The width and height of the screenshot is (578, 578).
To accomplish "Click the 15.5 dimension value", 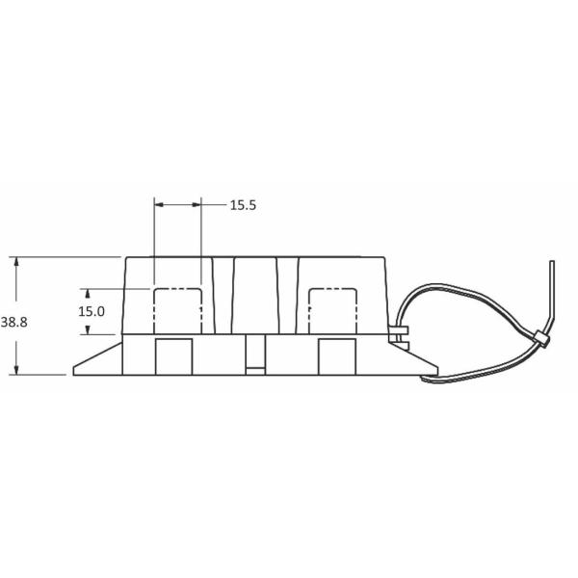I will click(x=242, y=205).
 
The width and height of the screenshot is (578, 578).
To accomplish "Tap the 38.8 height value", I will click(x=13, y=323).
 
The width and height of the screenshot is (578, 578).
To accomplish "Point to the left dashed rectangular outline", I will click(x=178, y=309).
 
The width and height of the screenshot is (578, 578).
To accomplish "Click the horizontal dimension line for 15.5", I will click(x=178, y=205).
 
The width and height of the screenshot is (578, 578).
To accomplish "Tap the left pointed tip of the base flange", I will click(x=76, y=372).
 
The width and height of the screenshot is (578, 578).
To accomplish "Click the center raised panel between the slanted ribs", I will click(x=255, y=294).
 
